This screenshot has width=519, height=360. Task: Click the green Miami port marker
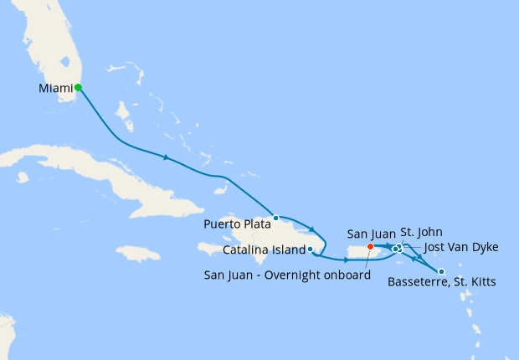78,87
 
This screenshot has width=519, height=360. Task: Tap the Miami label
54,88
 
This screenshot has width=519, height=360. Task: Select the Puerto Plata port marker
275,218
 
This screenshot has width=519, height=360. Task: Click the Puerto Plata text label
238,224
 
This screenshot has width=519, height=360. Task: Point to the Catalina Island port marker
311,249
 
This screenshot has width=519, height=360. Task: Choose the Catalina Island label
264,249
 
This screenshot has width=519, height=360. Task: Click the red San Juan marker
370,246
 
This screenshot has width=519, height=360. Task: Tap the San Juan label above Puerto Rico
369,232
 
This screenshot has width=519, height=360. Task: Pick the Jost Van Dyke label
461,247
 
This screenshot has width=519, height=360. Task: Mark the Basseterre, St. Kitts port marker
441,271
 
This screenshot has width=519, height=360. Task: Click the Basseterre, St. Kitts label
442,283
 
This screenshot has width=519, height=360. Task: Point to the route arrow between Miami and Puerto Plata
167,157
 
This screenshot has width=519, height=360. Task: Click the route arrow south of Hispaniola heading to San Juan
346,260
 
